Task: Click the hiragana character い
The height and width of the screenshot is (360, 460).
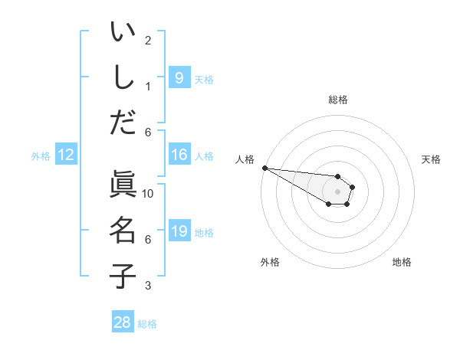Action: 123,32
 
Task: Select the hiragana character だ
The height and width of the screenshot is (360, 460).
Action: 123,122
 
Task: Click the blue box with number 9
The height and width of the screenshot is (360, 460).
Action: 179,78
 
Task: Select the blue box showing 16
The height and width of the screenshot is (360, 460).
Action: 179,155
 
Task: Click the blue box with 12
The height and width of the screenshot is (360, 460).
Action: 66,155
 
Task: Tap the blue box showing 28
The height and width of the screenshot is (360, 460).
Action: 123,322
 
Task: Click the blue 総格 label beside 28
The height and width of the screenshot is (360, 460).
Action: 147,324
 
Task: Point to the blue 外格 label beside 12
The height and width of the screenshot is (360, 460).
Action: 41,156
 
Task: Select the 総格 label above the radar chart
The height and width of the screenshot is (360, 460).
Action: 337,100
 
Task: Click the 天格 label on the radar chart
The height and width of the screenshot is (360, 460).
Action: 431,159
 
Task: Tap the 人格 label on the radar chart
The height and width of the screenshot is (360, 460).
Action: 245,159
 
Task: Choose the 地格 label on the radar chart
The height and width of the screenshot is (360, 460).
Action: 402,262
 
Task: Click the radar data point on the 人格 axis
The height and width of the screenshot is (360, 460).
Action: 264,168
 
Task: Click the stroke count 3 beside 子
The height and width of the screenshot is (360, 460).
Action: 148,286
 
